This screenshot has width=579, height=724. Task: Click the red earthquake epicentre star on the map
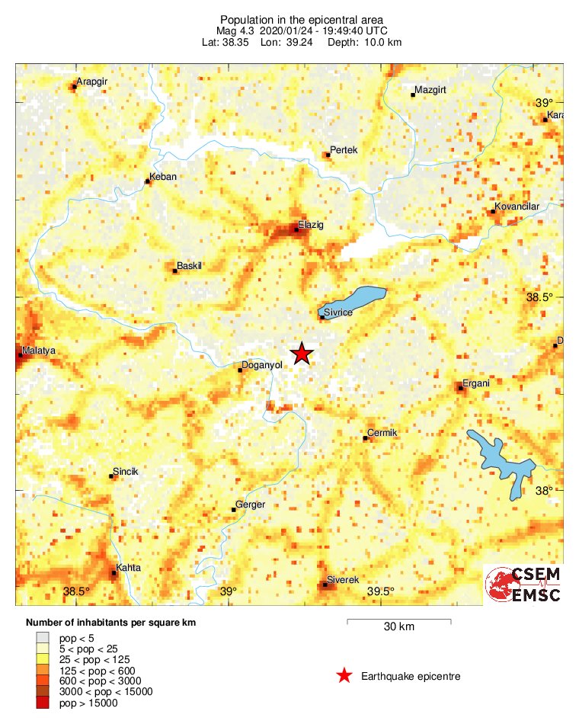(302, 354)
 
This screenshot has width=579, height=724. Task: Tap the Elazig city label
(312, 226)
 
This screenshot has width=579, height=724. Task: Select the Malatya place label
(40, 351)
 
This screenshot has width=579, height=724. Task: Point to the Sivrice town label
(338, 312)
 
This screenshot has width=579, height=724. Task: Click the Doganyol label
(261, 365)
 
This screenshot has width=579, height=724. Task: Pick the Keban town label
(164, 177)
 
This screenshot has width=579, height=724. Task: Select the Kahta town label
(128, 568)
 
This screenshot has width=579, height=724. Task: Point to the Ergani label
(477, 383)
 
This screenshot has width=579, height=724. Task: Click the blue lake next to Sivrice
(355, 298)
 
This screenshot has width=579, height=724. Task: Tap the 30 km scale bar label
(398, 627)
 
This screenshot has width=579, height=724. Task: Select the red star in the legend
(344, 676)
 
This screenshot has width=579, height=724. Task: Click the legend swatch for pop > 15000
(43, 703)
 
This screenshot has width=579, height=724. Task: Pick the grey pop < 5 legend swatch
(43, 637)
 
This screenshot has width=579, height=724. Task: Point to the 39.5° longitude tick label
(381, 591)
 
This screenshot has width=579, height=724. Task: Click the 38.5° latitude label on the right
(539, 296)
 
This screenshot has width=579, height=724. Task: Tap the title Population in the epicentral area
(301, 19)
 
